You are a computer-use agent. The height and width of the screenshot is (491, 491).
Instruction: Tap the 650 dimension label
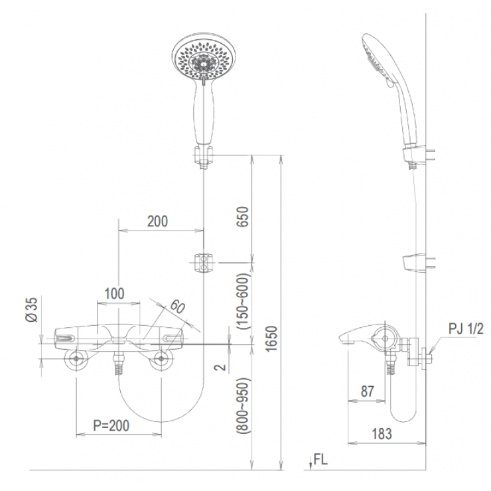point(243,217)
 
